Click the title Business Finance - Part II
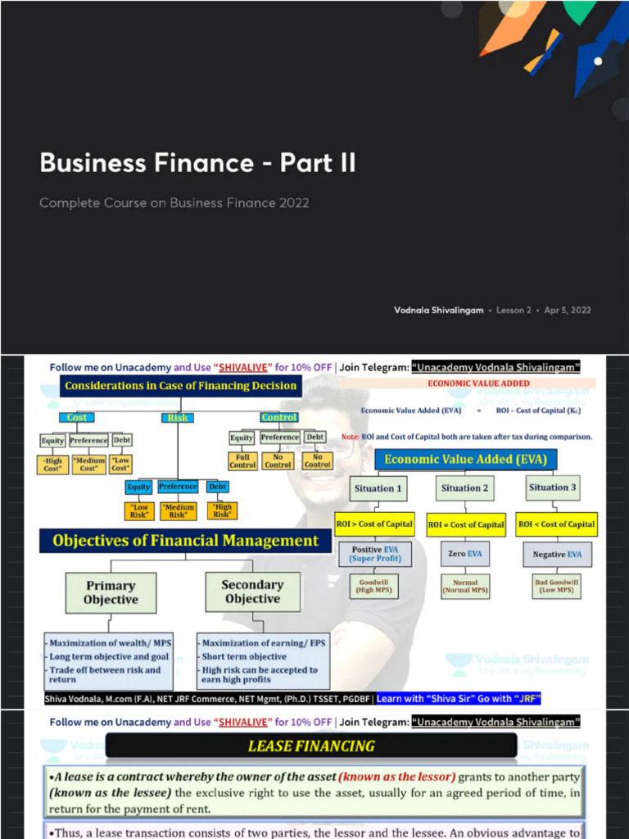coord(197,162)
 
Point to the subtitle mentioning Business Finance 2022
coord(174,202)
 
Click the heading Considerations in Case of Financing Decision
coord(180,385)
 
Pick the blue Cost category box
coord(76,417)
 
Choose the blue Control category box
coord(278,417)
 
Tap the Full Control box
coord(242,460)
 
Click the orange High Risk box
coord(222,510)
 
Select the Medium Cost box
coord(88,464)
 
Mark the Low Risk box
coord(139,510)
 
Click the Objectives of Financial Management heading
coord(185,541)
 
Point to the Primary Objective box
coord(111,592)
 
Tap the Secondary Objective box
coord(252,592)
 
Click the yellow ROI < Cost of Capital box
coord(557,524)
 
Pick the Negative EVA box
coord(557,555)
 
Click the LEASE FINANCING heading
coord(311,746)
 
